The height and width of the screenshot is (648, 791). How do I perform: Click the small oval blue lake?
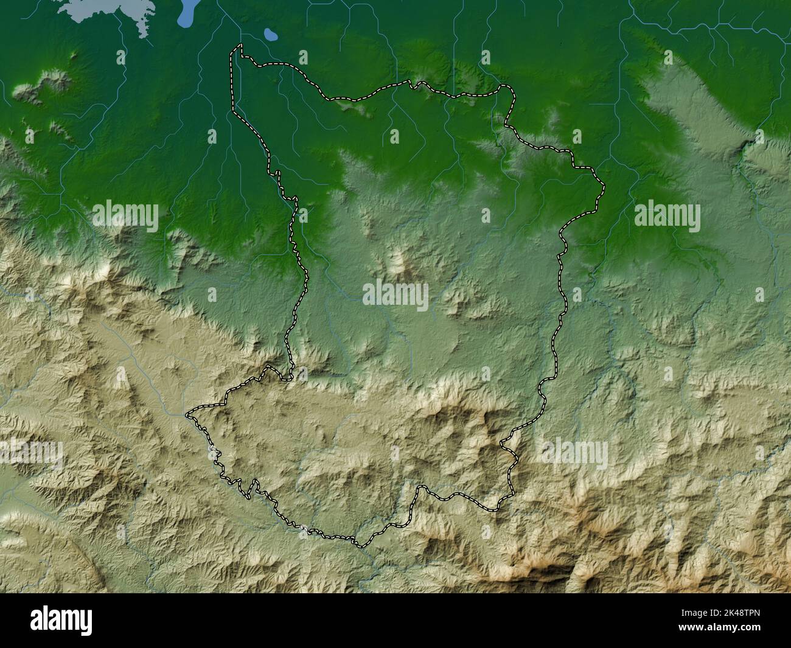click(x=271, y=36)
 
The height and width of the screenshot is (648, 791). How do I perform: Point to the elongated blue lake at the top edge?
click(x=188, y=14)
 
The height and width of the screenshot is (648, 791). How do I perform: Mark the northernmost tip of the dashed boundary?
click(x=239, y=46)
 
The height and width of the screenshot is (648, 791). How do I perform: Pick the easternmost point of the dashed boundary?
click(x=604, y=185)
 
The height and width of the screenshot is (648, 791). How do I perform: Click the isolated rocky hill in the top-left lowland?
click(x=46, y=82)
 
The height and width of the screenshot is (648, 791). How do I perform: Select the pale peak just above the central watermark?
click(x=399, y=261)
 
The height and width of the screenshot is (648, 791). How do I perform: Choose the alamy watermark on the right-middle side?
click(x=667, y=216)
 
